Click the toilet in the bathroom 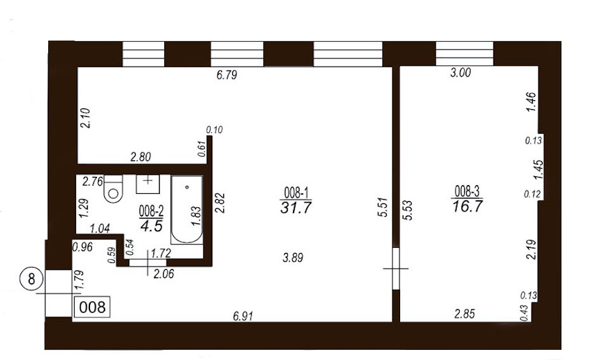(114, 189)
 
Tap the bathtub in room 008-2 (187, 209)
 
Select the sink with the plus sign (148, 184)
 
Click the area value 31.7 (296, 207)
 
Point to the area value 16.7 (467, 206)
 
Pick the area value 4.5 (152, 226)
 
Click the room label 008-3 (467, 191)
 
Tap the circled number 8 (31, 280)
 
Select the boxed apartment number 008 (93, 307)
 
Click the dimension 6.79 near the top (227, 75)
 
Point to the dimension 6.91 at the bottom (243, 316)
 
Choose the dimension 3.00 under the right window (460, 72)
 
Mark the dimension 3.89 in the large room (293, 258)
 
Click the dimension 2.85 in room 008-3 (465, 314)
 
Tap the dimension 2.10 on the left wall (86, 118)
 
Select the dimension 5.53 (408, 210)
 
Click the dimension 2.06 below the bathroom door (164, 274)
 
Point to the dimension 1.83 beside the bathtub (196, 215)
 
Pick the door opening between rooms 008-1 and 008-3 (396, 268)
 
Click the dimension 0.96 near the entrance (82, 247)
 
